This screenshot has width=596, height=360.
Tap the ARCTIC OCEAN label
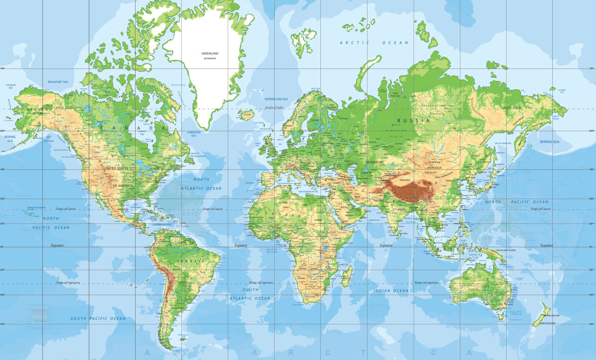[374, 43]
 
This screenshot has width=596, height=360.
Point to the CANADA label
[133, 128]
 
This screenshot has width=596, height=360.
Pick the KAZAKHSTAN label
[375, 162]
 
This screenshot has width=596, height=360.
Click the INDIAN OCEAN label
[391, 290]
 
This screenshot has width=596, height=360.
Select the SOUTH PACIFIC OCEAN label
[98, 318]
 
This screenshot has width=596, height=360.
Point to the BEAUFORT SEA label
[58, 81]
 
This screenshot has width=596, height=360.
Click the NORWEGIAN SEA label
[277, 99]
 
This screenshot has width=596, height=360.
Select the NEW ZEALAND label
[549, 324]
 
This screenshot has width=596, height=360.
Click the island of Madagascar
[347, 276]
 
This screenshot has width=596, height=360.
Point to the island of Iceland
[246, 115]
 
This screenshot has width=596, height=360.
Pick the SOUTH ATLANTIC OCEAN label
[250, 293]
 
